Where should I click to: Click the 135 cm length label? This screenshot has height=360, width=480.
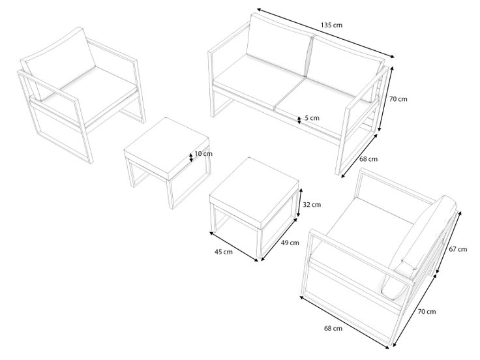coord(331,25)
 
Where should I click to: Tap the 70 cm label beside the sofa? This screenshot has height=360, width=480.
coord(398,99)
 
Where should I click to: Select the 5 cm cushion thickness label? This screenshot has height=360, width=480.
coord(312,118)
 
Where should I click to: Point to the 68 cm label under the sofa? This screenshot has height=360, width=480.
coord(368,159)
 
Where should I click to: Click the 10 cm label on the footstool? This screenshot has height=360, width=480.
coord(203,154)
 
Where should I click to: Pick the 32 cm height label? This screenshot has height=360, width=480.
coord(312,205)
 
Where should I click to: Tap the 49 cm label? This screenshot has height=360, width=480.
coord(290,243)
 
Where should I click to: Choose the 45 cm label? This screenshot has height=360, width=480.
coord(224,252)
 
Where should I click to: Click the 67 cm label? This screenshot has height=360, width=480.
coord(458,249)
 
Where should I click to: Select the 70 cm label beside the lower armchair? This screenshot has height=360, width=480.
coord(427,312)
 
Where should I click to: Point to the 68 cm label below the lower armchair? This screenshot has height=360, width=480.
coord(333,329)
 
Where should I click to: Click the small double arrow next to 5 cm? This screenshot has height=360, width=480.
coord(299,120)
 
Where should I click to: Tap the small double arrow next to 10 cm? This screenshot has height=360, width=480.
coord(191,157)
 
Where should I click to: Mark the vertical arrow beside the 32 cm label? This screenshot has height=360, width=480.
coord(301,203)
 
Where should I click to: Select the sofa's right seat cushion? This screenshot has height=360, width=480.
coord(325,104)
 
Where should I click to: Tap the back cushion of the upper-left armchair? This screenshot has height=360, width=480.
coord(60,61)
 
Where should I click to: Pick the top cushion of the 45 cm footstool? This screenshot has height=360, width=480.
coord(254,194)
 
